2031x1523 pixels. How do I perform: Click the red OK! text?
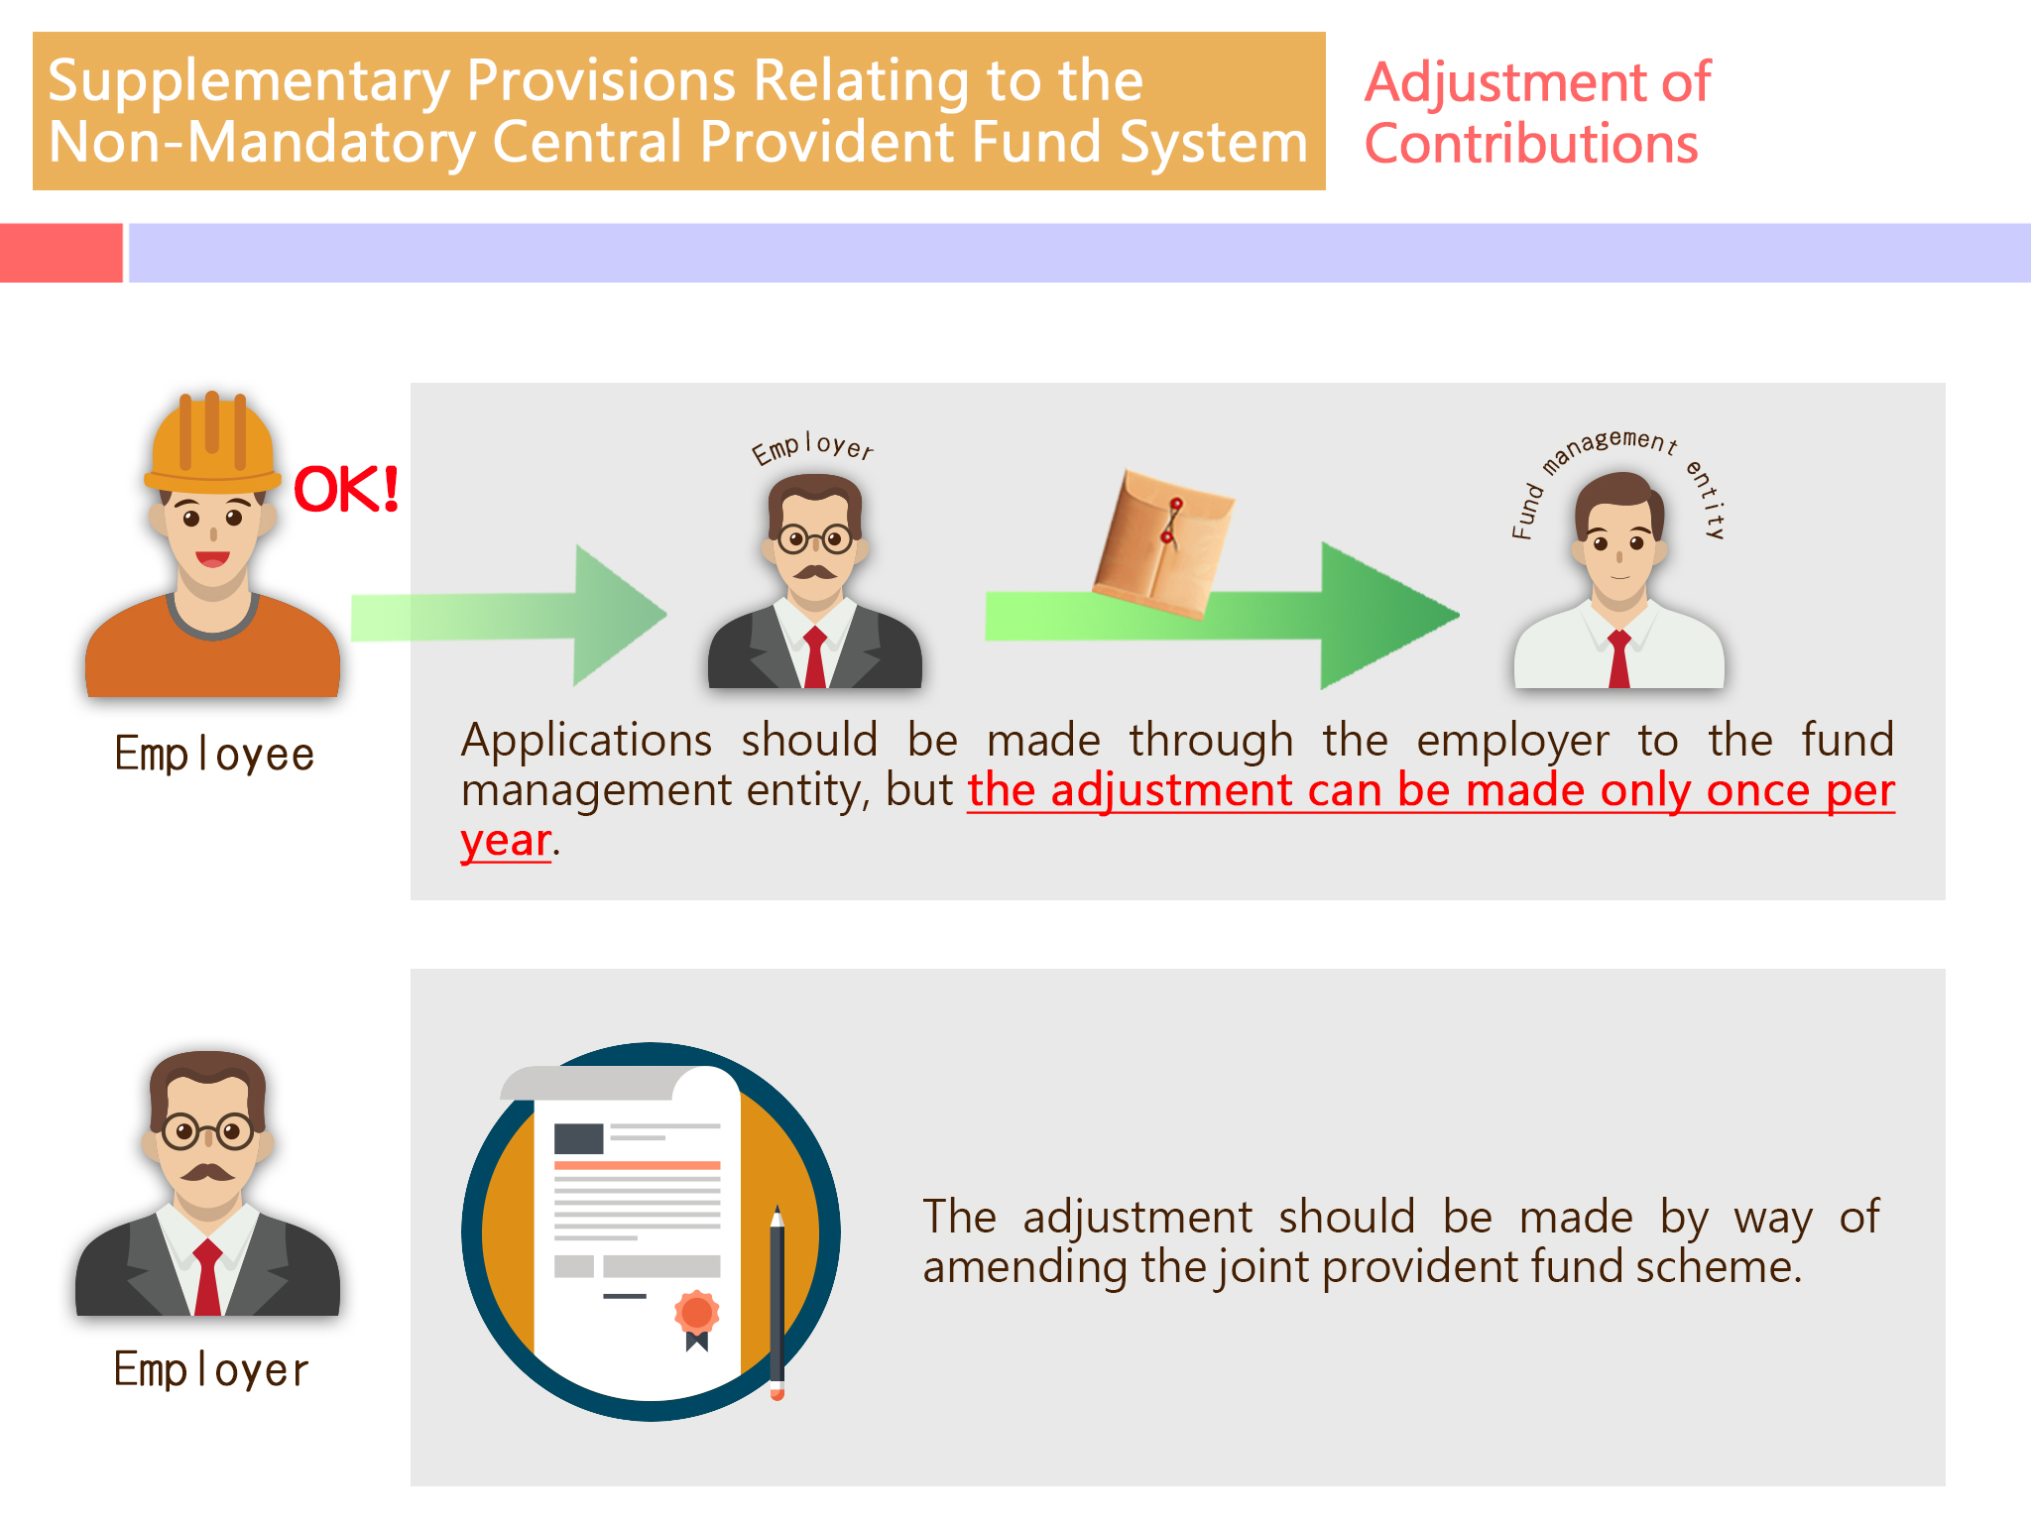pos(346,489)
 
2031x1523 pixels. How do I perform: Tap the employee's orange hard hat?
pos(211,442)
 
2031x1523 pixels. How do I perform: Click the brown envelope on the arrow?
pos(1163,543)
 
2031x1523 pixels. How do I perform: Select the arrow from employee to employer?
pos(509,616)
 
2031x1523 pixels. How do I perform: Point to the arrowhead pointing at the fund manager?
pos(1388,616)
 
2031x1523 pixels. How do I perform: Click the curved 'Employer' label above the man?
pos(812,448)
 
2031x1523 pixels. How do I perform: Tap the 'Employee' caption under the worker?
pos(214,755)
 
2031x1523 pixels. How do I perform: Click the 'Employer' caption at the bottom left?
pos(211,1369)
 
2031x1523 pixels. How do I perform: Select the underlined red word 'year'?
pos(506,842)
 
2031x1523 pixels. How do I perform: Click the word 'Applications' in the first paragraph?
pos(586,741)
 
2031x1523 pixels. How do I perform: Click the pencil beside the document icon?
pos(777,1302)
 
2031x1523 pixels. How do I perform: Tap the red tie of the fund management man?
pos(1619,658)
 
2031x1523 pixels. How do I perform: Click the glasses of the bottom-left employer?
pos(208,1131)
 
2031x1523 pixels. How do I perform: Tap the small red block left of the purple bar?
pos(61,253)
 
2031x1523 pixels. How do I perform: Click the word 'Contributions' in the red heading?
pos(1531,144)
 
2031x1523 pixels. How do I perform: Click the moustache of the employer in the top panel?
pos(814,572)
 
